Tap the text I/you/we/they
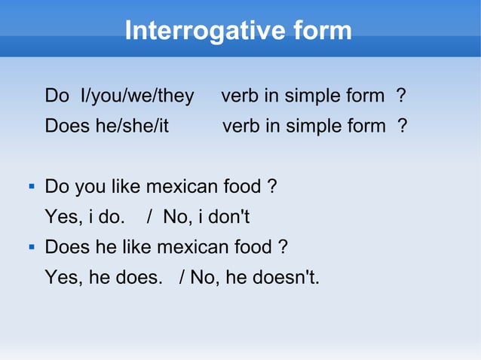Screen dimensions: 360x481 [x=136, y=96]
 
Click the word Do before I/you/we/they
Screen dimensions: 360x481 [x=56, y=96]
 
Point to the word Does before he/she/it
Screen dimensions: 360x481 [x=67, y=125]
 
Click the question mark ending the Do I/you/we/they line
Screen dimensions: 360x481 [x=401, y=96]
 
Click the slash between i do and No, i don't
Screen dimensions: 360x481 [x=150, y=218]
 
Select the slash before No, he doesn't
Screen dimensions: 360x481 [x=182, y=278]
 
